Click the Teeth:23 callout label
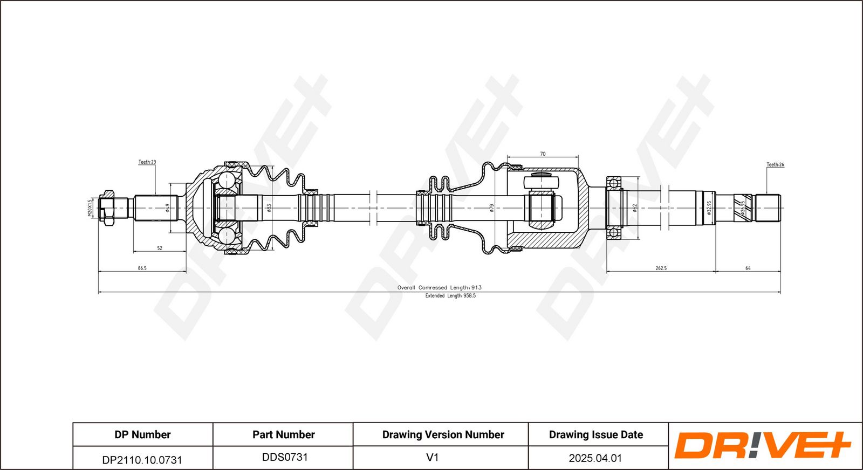click(x=147, y=162)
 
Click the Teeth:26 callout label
click(x=775, y=164)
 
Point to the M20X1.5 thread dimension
click(x=90, y=208)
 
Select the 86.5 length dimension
click(x=142, y=268)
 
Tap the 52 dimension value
click(x=160, y=248)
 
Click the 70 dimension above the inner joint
click(x=543, y=154)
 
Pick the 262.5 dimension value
click(x=661, y=268)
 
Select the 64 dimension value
click(x=748, y=268)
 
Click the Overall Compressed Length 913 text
click(x=440, y=287)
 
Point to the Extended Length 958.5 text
click(x=450, y=295)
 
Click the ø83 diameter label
click(x=269, y=208)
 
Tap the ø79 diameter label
click(x=491, y=208)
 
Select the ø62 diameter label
click(x=635, y=208)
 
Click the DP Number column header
click(x=142, y=434)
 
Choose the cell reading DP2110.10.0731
click(x=142, y=460)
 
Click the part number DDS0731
click(x=285, y=457)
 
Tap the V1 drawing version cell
click(x=433, y=457)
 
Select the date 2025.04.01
click(x=595, y=458)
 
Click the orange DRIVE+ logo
click(x=763, y=445)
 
